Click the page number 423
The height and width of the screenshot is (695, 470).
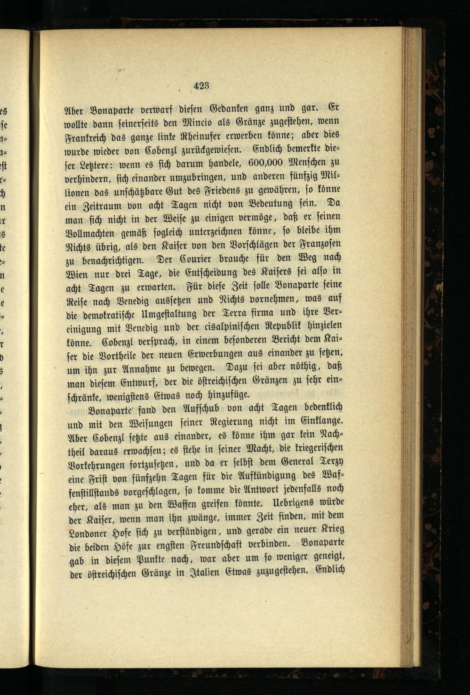coord(201,86)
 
